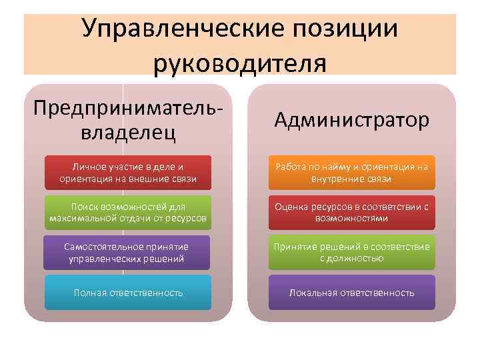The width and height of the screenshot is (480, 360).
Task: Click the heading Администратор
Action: pos(352,121)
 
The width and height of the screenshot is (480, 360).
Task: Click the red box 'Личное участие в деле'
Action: pos(128,173)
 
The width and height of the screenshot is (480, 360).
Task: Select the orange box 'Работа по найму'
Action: pos(352,173)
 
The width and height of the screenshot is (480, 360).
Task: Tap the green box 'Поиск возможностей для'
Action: pos(128,213)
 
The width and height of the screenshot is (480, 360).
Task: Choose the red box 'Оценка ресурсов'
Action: pos(352,213)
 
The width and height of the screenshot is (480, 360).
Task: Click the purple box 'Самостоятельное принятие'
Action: pos(126,252)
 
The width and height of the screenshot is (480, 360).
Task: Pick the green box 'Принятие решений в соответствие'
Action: pos(352,252)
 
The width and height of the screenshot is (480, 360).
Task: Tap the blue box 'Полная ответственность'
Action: pos(128,293)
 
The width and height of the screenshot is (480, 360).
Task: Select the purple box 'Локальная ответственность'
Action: pos(352,293)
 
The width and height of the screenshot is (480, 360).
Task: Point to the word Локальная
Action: pos(313,293)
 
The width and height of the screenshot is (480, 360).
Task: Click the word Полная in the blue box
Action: pos(87,293)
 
